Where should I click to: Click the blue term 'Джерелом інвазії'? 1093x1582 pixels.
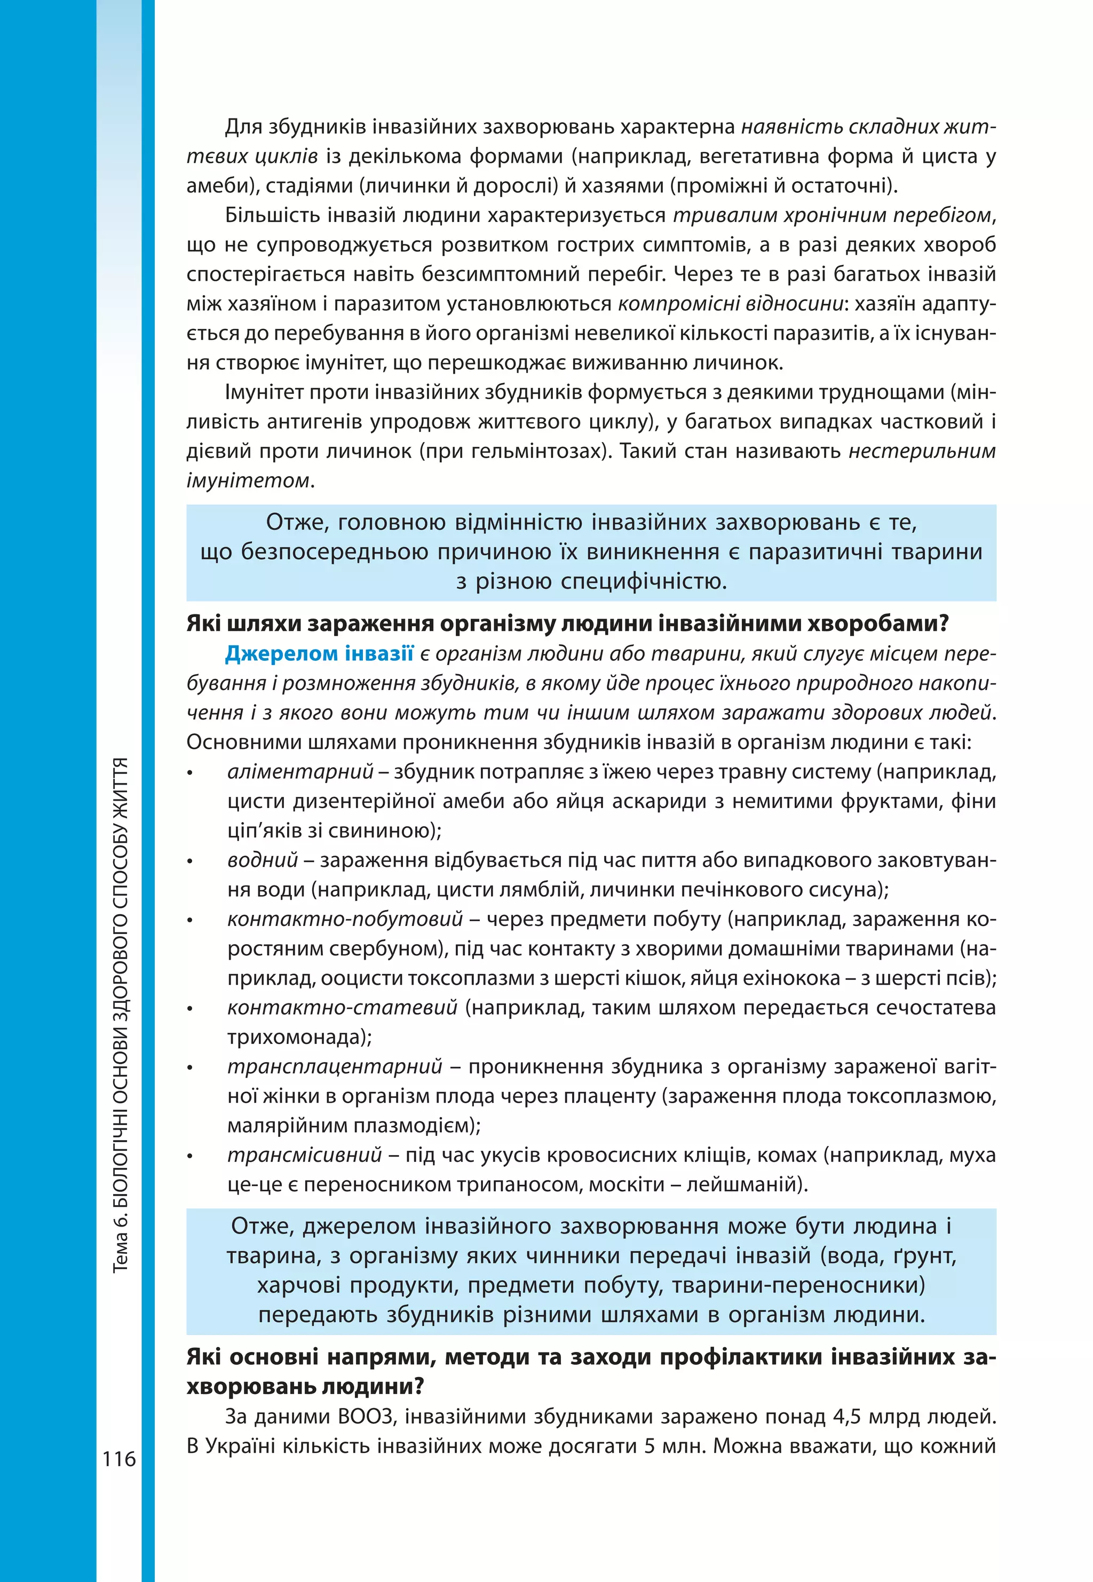[x=319, y=653]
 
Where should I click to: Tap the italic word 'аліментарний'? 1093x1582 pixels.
[x=300, y=772]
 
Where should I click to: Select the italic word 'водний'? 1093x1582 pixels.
[x=263, y=860]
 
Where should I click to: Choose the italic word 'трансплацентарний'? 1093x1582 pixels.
[x=335, y=1066]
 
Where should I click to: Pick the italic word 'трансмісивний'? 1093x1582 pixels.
[x=304, y=1154]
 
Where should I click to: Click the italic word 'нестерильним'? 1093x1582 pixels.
[x=922, y=452]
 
